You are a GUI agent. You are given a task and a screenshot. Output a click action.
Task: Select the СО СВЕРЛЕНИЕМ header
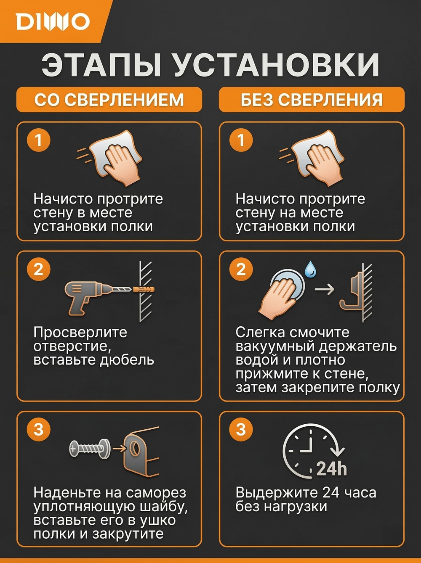point(109,100)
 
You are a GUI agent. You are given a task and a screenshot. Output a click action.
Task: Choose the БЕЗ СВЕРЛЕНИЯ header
point(312,100)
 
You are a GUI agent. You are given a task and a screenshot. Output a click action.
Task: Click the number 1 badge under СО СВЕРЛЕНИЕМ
point(39,140)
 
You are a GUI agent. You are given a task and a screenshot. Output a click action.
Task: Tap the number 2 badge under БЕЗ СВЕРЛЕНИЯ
point(241,269)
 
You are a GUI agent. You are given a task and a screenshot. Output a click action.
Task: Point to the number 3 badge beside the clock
point(241,429)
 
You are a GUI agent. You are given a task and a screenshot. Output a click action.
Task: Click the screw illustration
point(89,449)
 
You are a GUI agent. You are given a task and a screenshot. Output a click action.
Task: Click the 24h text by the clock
point(332,468)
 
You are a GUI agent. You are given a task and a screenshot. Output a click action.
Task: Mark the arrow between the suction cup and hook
point(324,289)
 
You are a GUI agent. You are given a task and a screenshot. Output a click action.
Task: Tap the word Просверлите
point(80,333)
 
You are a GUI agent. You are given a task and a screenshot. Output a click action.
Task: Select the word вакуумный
point(275,346)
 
